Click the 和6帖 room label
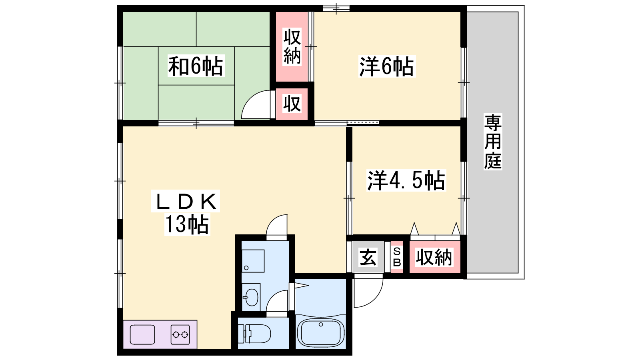pos(196,66)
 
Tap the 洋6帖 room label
pos(386,66)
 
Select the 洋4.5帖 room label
pos(406,180)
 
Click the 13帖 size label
pos(187,224)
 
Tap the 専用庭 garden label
pos(493,142)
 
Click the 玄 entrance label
pos(368,257)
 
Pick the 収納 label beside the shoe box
pos(434,257)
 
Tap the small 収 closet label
pos(292,104)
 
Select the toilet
pos(254,334)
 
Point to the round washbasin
pos(252,298)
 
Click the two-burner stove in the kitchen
pos(180,334)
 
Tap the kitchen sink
pos(142,334)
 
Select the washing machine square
pos(253,261)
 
